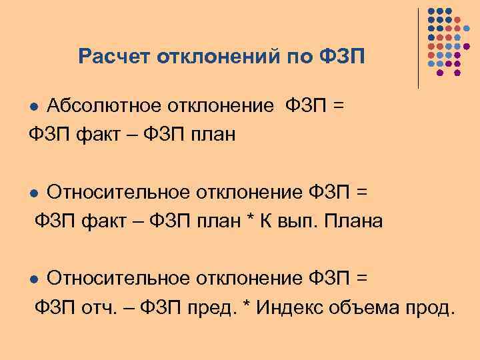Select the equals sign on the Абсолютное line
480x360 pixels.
point(339,106)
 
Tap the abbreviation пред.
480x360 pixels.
point(215,307)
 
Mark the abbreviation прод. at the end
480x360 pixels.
point(431,307)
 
